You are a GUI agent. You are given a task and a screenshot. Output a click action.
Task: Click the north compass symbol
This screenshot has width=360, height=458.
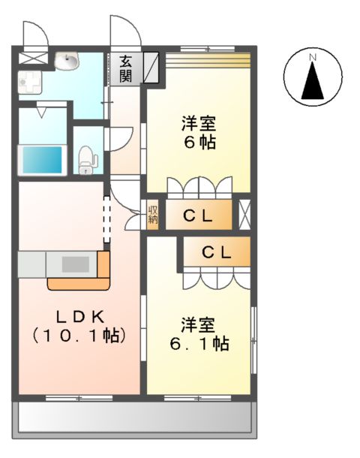pos(313,77)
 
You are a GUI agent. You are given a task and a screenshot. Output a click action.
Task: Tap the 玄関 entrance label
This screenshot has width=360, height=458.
pos(125,68)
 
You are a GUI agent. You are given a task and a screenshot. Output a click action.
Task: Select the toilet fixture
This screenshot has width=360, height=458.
pos(88,158)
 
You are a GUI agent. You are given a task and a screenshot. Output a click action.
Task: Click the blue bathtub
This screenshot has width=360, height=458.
pos(41,159)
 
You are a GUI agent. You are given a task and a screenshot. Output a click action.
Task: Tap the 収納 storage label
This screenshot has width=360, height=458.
pos(153,215)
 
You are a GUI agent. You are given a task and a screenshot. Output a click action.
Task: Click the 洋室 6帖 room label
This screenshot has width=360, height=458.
pos(198,131)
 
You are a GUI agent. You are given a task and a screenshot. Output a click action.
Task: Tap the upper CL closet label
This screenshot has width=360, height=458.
pos(199,216)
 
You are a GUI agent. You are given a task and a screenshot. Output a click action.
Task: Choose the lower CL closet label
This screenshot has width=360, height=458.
pos(216,253)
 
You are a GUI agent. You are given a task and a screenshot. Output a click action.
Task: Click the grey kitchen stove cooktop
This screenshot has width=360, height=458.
pos(74,264)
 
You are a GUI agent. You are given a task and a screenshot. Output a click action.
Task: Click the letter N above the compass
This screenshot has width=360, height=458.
pos(313,56)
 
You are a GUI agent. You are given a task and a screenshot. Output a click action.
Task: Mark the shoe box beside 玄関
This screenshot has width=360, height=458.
pos(151,66)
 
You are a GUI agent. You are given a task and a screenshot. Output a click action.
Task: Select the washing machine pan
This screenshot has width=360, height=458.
pos(30,83)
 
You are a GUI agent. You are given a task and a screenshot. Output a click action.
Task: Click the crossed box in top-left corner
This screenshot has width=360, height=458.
pos(32,57)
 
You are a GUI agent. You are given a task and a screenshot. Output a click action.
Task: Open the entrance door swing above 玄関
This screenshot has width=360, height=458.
pos(124,32)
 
